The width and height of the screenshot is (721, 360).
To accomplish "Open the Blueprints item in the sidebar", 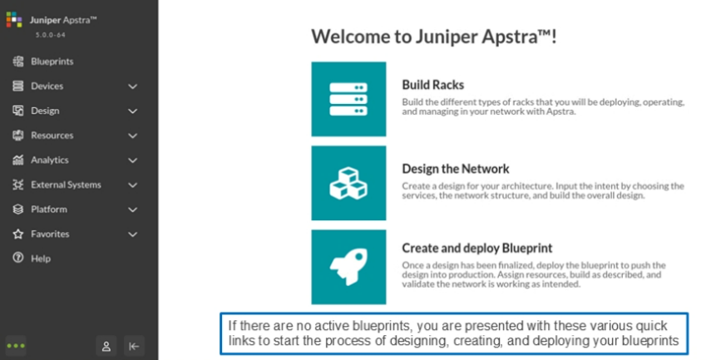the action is (52, 62).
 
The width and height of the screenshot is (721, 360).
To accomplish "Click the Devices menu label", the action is (47, 86).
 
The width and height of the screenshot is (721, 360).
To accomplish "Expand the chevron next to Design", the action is (132, 111).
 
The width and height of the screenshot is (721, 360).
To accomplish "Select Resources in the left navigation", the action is (52, 136).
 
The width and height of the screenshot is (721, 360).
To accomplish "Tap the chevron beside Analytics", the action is (132, 160).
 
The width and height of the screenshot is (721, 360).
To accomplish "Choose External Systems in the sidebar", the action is (66, 185).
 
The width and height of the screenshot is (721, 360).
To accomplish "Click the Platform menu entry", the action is (49, 210).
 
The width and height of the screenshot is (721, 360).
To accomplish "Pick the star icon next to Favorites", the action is (18, 234).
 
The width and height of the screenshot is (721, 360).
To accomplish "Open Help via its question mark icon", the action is (18, 259).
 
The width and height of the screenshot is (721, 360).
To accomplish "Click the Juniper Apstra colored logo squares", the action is (14, 20).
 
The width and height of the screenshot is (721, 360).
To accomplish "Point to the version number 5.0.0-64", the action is (51, 35).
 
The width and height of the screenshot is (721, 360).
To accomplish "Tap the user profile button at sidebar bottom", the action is (106, 346).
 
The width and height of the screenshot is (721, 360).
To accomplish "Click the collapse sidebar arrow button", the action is (134, 346).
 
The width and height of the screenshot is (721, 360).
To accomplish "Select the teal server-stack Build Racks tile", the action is (348, 99).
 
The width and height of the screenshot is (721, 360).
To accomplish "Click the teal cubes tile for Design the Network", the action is (348, 183).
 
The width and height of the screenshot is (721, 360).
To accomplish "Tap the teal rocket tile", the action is (348, 267).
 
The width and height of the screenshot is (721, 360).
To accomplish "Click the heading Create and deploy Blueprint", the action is (477, 249).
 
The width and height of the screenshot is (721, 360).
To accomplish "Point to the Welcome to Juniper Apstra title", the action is (434, 37).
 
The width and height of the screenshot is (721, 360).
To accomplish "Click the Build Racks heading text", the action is (433, 85).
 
